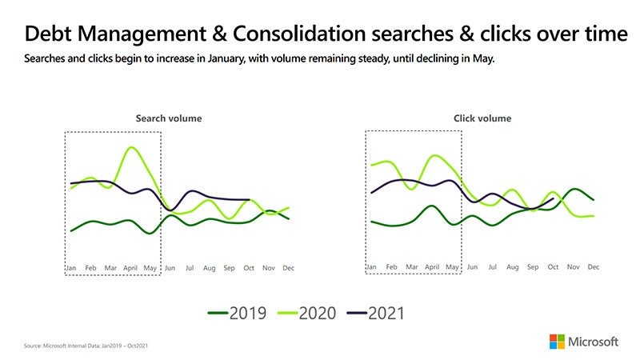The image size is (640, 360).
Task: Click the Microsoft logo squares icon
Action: [556, 342]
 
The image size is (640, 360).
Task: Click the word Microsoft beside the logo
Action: [594, 342]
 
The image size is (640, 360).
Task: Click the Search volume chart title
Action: [169, 118]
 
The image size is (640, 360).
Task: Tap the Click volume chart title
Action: [482, 118]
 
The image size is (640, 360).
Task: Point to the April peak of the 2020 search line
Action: [131, 148]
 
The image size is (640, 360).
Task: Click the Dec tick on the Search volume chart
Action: [289, 268]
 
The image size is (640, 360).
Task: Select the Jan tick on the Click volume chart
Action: [371, 266]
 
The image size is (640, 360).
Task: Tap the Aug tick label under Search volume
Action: [209, 268]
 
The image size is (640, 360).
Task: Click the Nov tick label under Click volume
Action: [573, 266]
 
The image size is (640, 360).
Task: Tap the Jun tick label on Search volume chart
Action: [169, 268]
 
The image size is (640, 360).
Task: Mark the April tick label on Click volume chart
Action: [432, 266]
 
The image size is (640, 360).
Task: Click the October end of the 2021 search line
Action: [250, 200]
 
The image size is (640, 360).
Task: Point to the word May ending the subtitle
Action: [485, 59]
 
